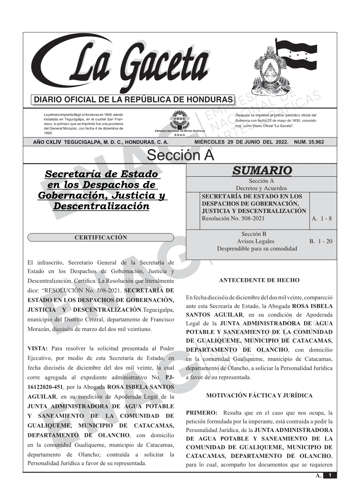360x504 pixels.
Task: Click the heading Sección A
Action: click(x=180, y=155)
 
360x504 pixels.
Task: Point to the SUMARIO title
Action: click(x=262, y=170)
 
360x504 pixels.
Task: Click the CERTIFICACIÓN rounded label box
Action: click(x=101, y=238)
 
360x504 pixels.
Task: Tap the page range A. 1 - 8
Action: click(x=322, y=219)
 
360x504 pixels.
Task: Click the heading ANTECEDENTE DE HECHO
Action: click(x=259, y=280)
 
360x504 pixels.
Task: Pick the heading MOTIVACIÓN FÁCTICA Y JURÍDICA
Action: click(x=259, y=395)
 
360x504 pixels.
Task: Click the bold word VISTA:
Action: click(x=37, y=349)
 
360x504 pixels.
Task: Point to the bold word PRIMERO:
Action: click(x=202, y=413)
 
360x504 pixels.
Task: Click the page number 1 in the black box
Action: click(x=330, y=475)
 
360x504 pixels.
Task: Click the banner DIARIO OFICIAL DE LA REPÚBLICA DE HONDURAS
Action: click(x=133, y=100)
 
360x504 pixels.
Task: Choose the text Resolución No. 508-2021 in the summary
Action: click(x=233, y=219)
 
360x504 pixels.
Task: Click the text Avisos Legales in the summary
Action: click(x=255, y=241)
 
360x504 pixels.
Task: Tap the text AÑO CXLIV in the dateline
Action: click(x=48, y=142)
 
